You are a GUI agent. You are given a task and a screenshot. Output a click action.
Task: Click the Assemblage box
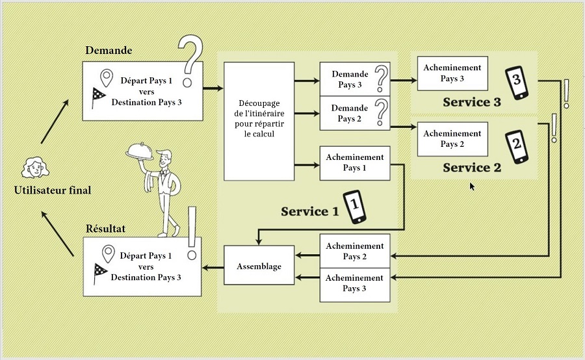click(259, 266)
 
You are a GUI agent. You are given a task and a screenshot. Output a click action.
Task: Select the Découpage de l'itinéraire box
click(259, 121)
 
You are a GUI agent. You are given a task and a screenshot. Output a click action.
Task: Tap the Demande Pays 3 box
click(354, 80)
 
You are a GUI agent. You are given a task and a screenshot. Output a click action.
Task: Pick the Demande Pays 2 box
click(354, 113)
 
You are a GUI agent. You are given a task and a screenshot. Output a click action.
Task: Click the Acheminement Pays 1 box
click(354, 163)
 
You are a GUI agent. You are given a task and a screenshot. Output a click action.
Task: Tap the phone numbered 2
click(517, 146)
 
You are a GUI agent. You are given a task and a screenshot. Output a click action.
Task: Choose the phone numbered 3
click(517, 83)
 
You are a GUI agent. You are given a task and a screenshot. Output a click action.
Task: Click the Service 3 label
click(472, 103)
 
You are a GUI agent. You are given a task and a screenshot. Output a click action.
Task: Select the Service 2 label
click(472, 168)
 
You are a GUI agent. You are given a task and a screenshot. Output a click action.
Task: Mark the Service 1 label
click(310, 211)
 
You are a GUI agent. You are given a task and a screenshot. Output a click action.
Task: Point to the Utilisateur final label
click(53, 190)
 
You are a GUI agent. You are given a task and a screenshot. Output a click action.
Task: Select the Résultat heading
click(105, 229)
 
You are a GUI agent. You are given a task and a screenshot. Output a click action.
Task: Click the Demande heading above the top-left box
click(109, 51)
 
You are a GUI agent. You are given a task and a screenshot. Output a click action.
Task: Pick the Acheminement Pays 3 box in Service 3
click(452, 73)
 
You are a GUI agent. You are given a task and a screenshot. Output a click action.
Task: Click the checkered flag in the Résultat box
click(100, 272)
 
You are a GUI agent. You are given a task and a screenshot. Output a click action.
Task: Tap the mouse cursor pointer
click(473, 186)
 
